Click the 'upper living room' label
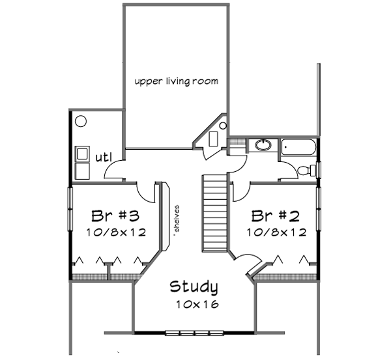point(176,81)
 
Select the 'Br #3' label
point(115,215)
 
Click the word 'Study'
point(194,287)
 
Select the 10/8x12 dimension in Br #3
point(115,232)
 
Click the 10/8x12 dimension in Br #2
point(275,232)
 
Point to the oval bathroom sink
point(263,145)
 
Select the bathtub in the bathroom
point(298,148)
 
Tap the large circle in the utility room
point(81,121)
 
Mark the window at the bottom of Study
point(194,333)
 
